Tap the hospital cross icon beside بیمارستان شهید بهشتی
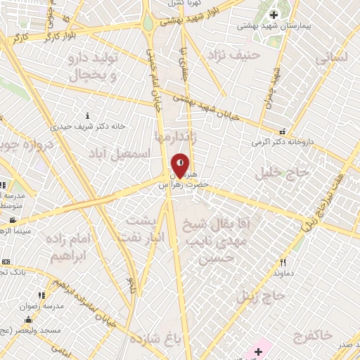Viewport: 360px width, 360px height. coord(274,15)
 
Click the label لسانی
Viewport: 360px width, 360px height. coord(333,60)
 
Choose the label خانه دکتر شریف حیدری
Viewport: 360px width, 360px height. coord(92,126)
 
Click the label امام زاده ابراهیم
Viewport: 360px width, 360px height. coord(68,247)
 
